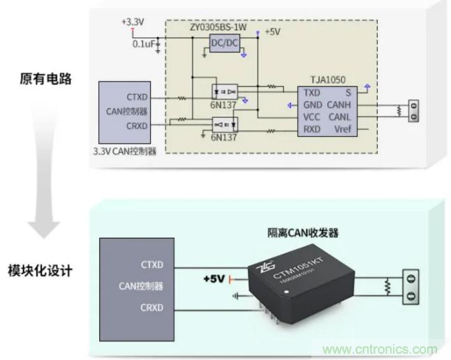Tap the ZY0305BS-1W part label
[x=218, y=27]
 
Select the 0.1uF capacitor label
[x=145, y=44]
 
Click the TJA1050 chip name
[x=328, y=81]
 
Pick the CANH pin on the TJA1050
[x=338, y=105]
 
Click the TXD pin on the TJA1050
[x=311, y=93]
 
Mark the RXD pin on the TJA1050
[x=311, y=129]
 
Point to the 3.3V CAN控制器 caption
[x=124, y=150]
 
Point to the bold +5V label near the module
[x=214, y=279]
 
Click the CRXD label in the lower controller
[x=151, y=307]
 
